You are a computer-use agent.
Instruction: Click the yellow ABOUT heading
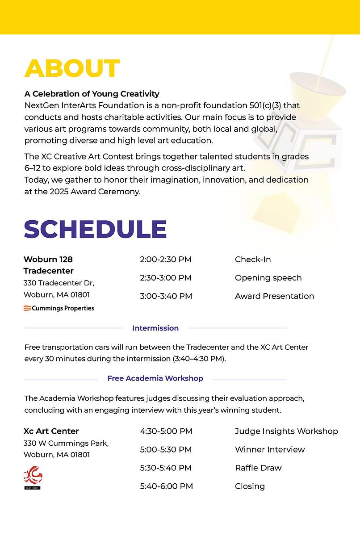tap(72, 68)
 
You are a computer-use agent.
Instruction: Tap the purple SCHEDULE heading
tap(95, 229)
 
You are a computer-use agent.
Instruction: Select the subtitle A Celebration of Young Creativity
tap(92, 94)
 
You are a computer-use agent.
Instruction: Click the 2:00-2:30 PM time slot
tap(166, 260)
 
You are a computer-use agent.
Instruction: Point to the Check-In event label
tap(253, 260)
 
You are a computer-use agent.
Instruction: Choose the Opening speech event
tap(268, 278)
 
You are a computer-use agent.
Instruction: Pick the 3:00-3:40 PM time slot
tap(166, 296)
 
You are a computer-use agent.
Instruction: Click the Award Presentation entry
tap(274, 296)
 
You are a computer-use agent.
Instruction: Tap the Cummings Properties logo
tap(59, 308)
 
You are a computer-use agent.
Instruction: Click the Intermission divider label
tap(155, 328)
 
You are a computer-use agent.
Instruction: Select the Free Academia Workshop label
tap(155, 378)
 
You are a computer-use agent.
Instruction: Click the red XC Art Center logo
tap(33, 477)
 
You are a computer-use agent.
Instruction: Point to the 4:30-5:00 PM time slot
tap(166, 431)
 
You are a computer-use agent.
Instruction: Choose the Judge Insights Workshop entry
tap(286, 431)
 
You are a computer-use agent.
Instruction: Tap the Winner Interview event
tap(270, 450)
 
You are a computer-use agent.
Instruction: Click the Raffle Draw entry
tap(258, 468)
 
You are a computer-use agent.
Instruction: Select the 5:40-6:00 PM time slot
tap(166, 486)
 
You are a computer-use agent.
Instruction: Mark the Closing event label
tap(250, 486)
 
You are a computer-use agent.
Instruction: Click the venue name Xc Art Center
tap(51, 431)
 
